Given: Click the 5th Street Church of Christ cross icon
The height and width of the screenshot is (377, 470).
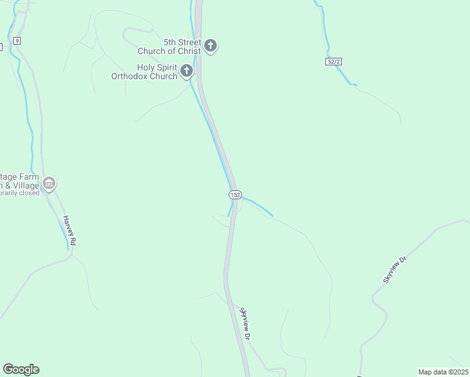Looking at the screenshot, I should point(210,46).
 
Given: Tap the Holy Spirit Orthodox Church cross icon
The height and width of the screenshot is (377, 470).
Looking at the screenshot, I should point(186,71).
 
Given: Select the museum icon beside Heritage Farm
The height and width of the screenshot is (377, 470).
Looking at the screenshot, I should point(49,183).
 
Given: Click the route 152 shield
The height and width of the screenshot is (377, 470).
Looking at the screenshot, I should point(234,195).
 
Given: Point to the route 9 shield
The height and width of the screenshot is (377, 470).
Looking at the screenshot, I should point(16,41).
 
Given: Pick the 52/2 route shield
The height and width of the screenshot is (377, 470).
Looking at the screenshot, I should point(334,62).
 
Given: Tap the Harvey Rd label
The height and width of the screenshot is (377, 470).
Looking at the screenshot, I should point(69,231).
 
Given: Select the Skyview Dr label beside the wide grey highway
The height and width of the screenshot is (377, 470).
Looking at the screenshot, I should point(246,324).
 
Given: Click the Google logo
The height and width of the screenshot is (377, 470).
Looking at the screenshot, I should point(21,369).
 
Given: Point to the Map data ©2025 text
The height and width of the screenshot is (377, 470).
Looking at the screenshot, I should point(443,372).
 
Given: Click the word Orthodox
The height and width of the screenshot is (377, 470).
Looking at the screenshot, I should point(134,77).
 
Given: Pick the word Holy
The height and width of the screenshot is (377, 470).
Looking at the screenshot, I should point(146,67).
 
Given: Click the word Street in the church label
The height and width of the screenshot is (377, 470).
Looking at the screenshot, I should point(190,42).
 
